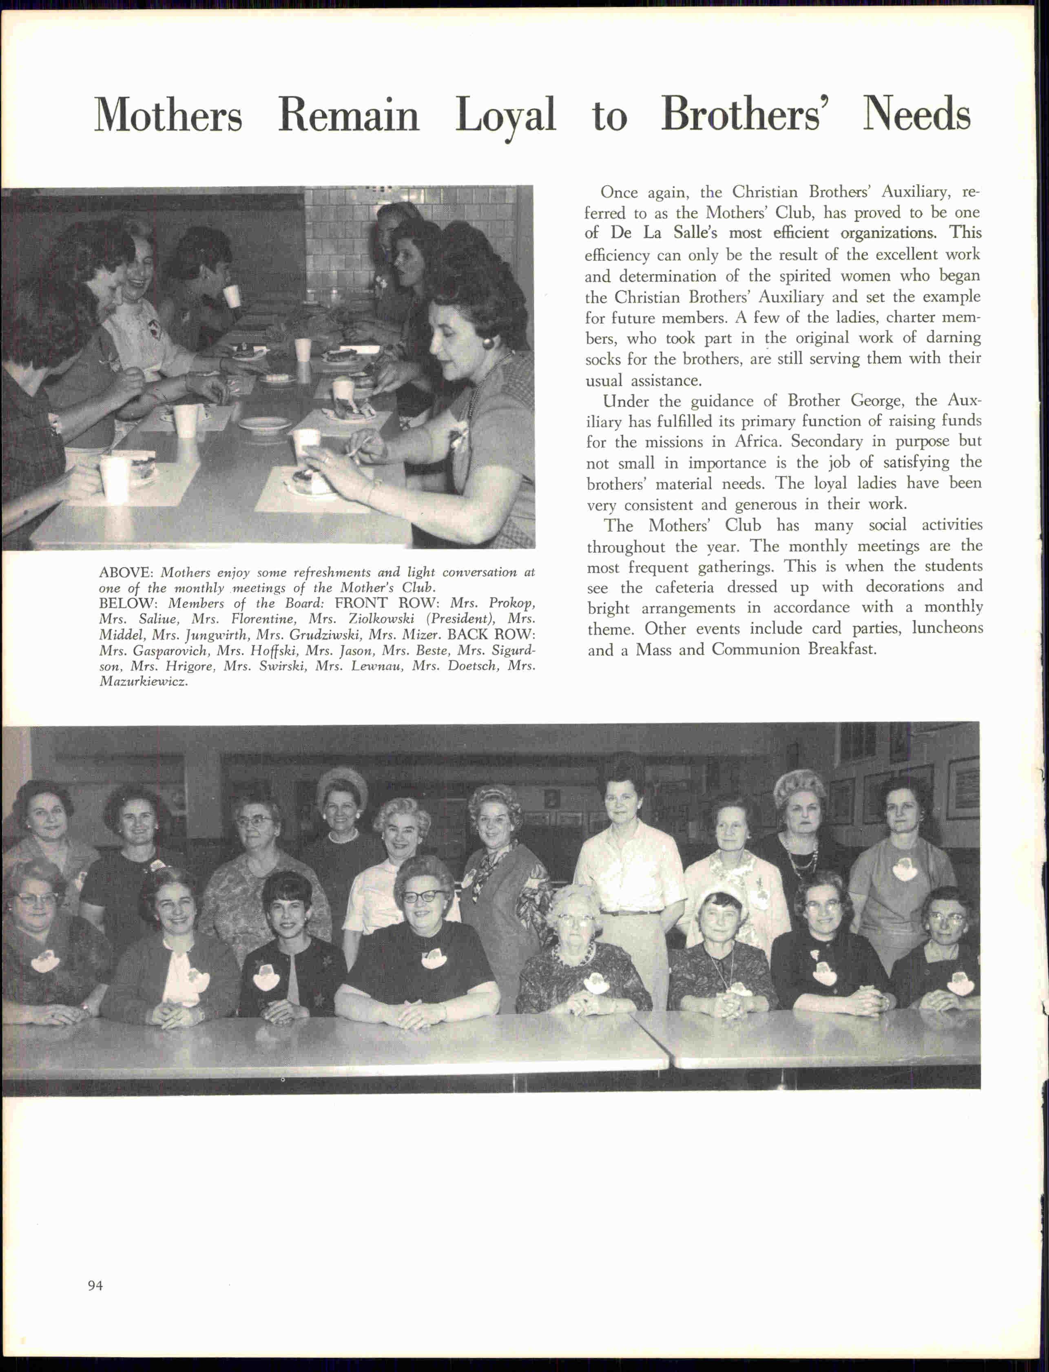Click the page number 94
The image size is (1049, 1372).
click(x=95, y=1285)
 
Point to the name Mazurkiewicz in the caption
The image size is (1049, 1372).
click(x=143, y=682)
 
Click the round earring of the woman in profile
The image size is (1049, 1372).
click(x=487, y=342)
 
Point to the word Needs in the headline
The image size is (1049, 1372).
click(x=916, y=114)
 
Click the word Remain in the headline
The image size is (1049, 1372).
click(x=348, y=115)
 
